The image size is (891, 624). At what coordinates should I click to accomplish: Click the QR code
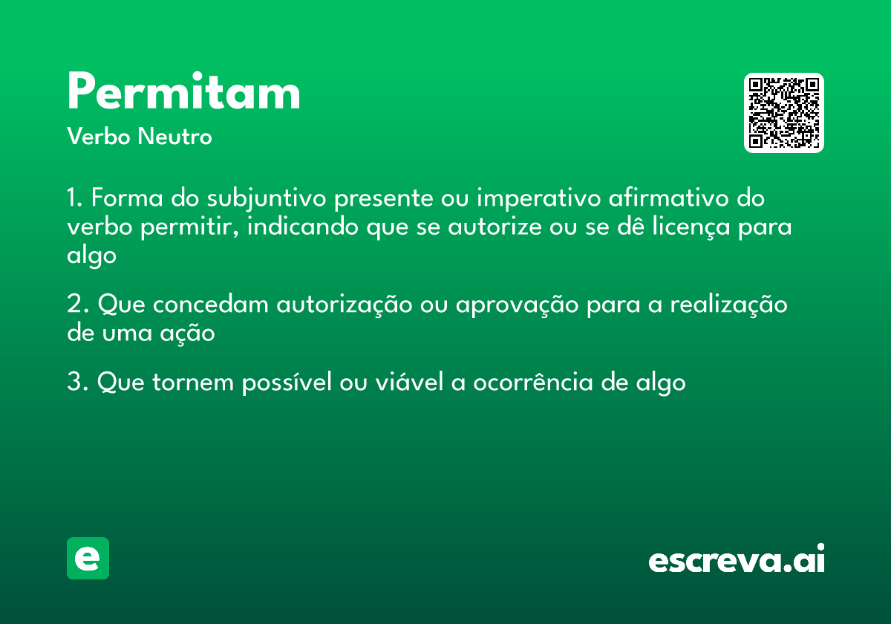784,113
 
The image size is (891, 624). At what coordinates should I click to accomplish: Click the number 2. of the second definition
77,305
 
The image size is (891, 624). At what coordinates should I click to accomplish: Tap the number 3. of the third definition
77,383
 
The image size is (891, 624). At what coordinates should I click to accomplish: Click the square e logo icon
88,558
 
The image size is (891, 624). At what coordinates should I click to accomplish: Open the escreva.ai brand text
737,559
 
